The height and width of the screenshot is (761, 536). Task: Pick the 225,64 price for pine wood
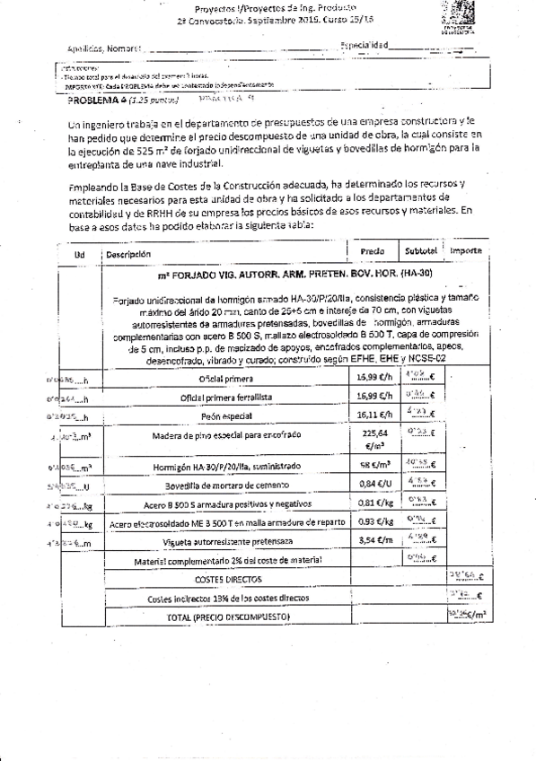pos(371,434)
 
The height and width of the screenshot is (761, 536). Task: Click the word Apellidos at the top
pos(83,48)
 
